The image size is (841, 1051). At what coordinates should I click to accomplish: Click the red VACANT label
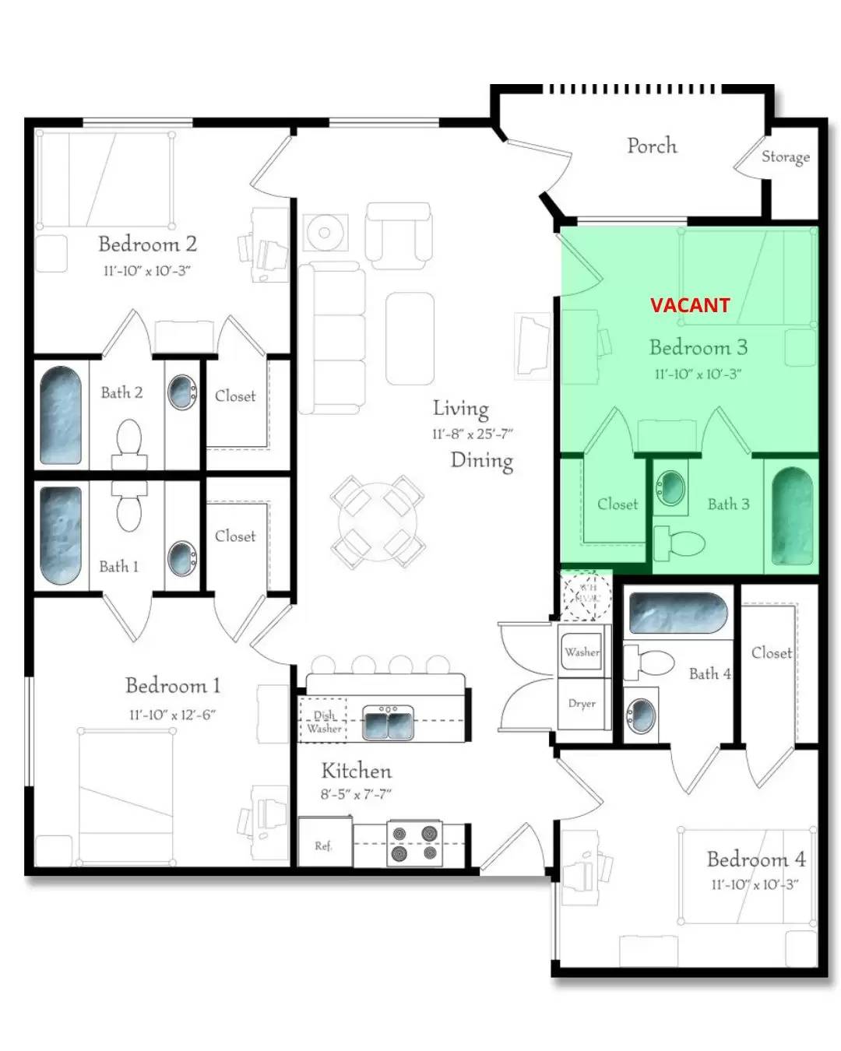(x=690, y=305)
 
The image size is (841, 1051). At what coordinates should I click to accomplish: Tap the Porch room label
(x=652, y=146)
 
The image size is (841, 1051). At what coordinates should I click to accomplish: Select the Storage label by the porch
(x=785, y=156)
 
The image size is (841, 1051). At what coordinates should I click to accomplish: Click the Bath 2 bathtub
(x=61, y=416)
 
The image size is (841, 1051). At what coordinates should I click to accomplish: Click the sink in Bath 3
(x=670, y=489)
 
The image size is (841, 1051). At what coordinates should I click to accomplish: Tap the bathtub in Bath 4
(x=677, y=613)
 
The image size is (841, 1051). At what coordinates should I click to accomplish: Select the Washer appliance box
(x=582, y=652)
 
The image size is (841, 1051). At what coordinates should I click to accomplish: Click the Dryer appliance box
(x=582, y=704)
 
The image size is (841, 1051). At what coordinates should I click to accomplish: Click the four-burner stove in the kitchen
(x=414, y=843)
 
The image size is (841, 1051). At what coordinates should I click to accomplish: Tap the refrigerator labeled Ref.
(x=324, y=844)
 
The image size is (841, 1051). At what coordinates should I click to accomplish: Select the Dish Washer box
(x=324, y=722)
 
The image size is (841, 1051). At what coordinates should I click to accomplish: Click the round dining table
(x=377, y=521)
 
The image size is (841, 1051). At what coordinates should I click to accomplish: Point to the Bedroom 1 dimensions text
(x=172, y=715)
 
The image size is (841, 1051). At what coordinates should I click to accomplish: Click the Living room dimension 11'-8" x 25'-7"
(x=472, y=434)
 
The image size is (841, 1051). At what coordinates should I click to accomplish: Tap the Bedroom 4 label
(x=755, y=859)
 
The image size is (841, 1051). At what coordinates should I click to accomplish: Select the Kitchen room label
(x=356, y=771)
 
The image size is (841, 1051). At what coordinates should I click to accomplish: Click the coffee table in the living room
(x=410, y=339)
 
